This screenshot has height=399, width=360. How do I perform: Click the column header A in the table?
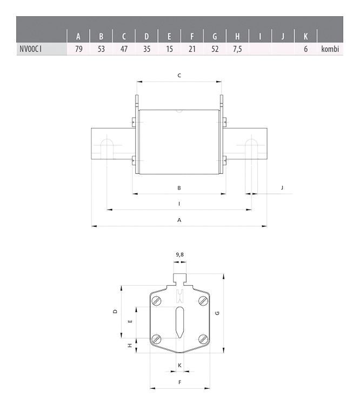click(78, 37)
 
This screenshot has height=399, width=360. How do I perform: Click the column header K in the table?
click(305, 37)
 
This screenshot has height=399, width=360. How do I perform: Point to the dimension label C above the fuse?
click(179, 76)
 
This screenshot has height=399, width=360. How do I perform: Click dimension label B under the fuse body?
click(179, 188)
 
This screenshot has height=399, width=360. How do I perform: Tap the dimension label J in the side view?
click(282, 187)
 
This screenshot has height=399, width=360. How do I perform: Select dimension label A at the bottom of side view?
click(179, 220)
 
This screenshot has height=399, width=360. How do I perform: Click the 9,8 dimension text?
click(179, 254)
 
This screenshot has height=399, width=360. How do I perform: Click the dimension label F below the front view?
click(179, 382)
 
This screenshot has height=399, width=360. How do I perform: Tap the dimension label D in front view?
click(115, 312)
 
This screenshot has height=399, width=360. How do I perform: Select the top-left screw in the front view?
click(156, 301)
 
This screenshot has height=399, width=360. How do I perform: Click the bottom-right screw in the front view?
click(203, 339)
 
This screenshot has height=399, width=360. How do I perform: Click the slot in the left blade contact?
click(107, 148)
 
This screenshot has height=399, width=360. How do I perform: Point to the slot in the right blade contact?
click(251, 148)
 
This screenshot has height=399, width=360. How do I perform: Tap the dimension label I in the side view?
click(179, 204)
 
